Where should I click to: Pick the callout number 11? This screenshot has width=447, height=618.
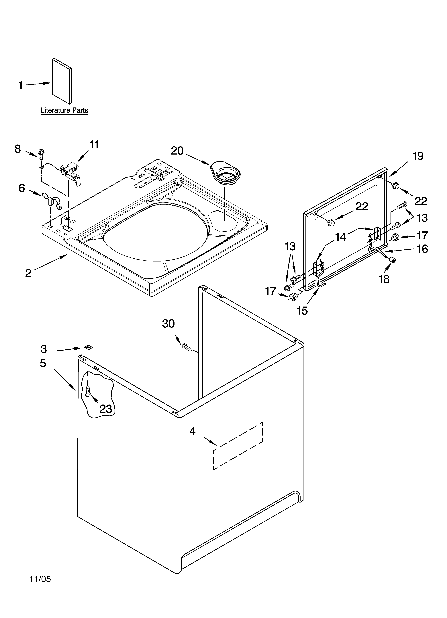[94, 144]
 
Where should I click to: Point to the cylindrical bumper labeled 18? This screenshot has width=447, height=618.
[392, 260]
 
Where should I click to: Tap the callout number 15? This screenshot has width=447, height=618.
[302, 311]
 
